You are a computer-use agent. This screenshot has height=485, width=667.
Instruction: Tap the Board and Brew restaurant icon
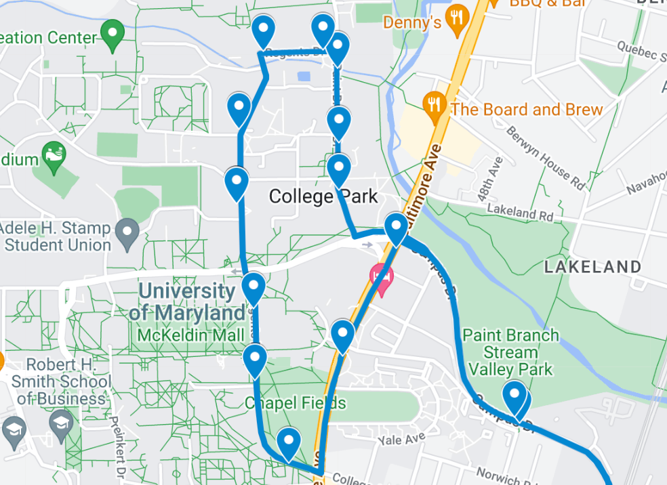click(434, 106)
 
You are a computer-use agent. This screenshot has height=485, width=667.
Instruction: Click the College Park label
click(323, 196)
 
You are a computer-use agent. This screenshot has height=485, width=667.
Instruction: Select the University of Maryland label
click(188, 302)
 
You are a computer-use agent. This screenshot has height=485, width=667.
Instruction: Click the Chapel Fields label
click(296, 404)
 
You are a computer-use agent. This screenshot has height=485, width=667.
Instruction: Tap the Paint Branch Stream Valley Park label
click(510, 352)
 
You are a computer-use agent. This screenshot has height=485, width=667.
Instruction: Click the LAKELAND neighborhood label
click(592, 267)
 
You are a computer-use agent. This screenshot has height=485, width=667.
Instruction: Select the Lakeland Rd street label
click(520, 214)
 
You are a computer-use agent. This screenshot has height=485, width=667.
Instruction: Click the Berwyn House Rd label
click(544, 156)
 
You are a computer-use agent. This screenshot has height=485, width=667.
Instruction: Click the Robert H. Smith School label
click(61, 381)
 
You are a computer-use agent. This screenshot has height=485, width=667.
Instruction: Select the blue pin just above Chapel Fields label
click(254, 359)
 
